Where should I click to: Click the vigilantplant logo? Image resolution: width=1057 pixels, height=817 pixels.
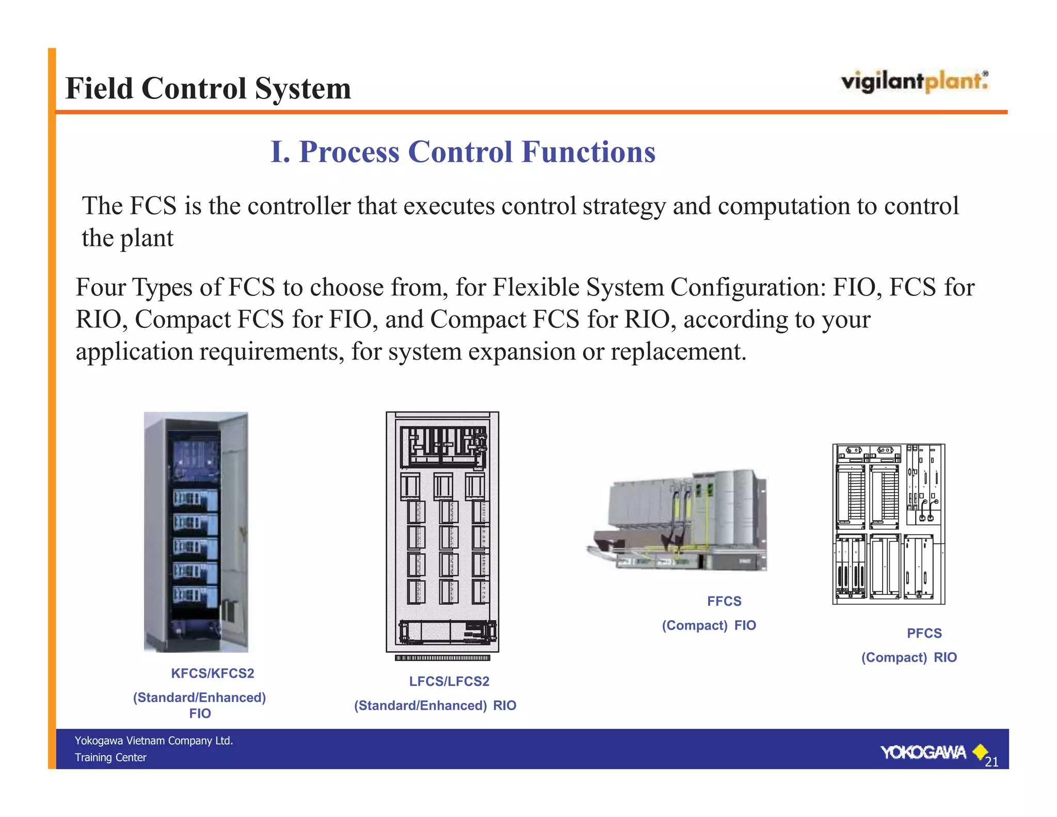914,82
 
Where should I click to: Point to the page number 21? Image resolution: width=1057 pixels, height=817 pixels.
991,762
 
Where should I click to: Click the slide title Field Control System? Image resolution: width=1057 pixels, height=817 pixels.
208,88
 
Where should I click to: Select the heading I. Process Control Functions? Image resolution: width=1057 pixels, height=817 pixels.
463,152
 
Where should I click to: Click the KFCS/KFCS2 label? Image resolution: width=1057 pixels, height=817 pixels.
213,673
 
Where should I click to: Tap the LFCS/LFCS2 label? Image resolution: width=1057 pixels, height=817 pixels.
449,681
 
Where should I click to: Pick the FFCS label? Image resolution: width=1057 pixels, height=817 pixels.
724,601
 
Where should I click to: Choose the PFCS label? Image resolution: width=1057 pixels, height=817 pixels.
924,633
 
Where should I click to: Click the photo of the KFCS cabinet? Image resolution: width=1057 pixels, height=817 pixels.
196,531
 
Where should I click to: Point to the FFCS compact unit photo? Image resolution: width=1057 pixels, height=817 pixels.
681,522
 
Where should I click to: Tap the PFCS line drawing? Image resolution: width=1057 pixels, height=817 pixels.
889,524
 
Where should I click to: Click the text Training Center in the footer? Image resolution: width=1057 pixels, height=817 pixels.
110,758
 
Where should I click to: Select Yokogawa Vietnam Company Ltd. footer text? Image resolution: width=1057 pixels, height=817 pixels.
154,741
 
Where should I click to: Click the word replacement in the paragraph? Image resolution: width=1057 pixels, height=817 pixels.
678,352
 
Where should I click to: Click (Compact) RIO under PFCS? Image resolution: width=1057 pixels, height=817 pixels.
909,657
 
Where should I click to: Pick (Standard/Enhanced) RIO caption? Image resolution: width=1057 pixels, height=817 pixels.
435,705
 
